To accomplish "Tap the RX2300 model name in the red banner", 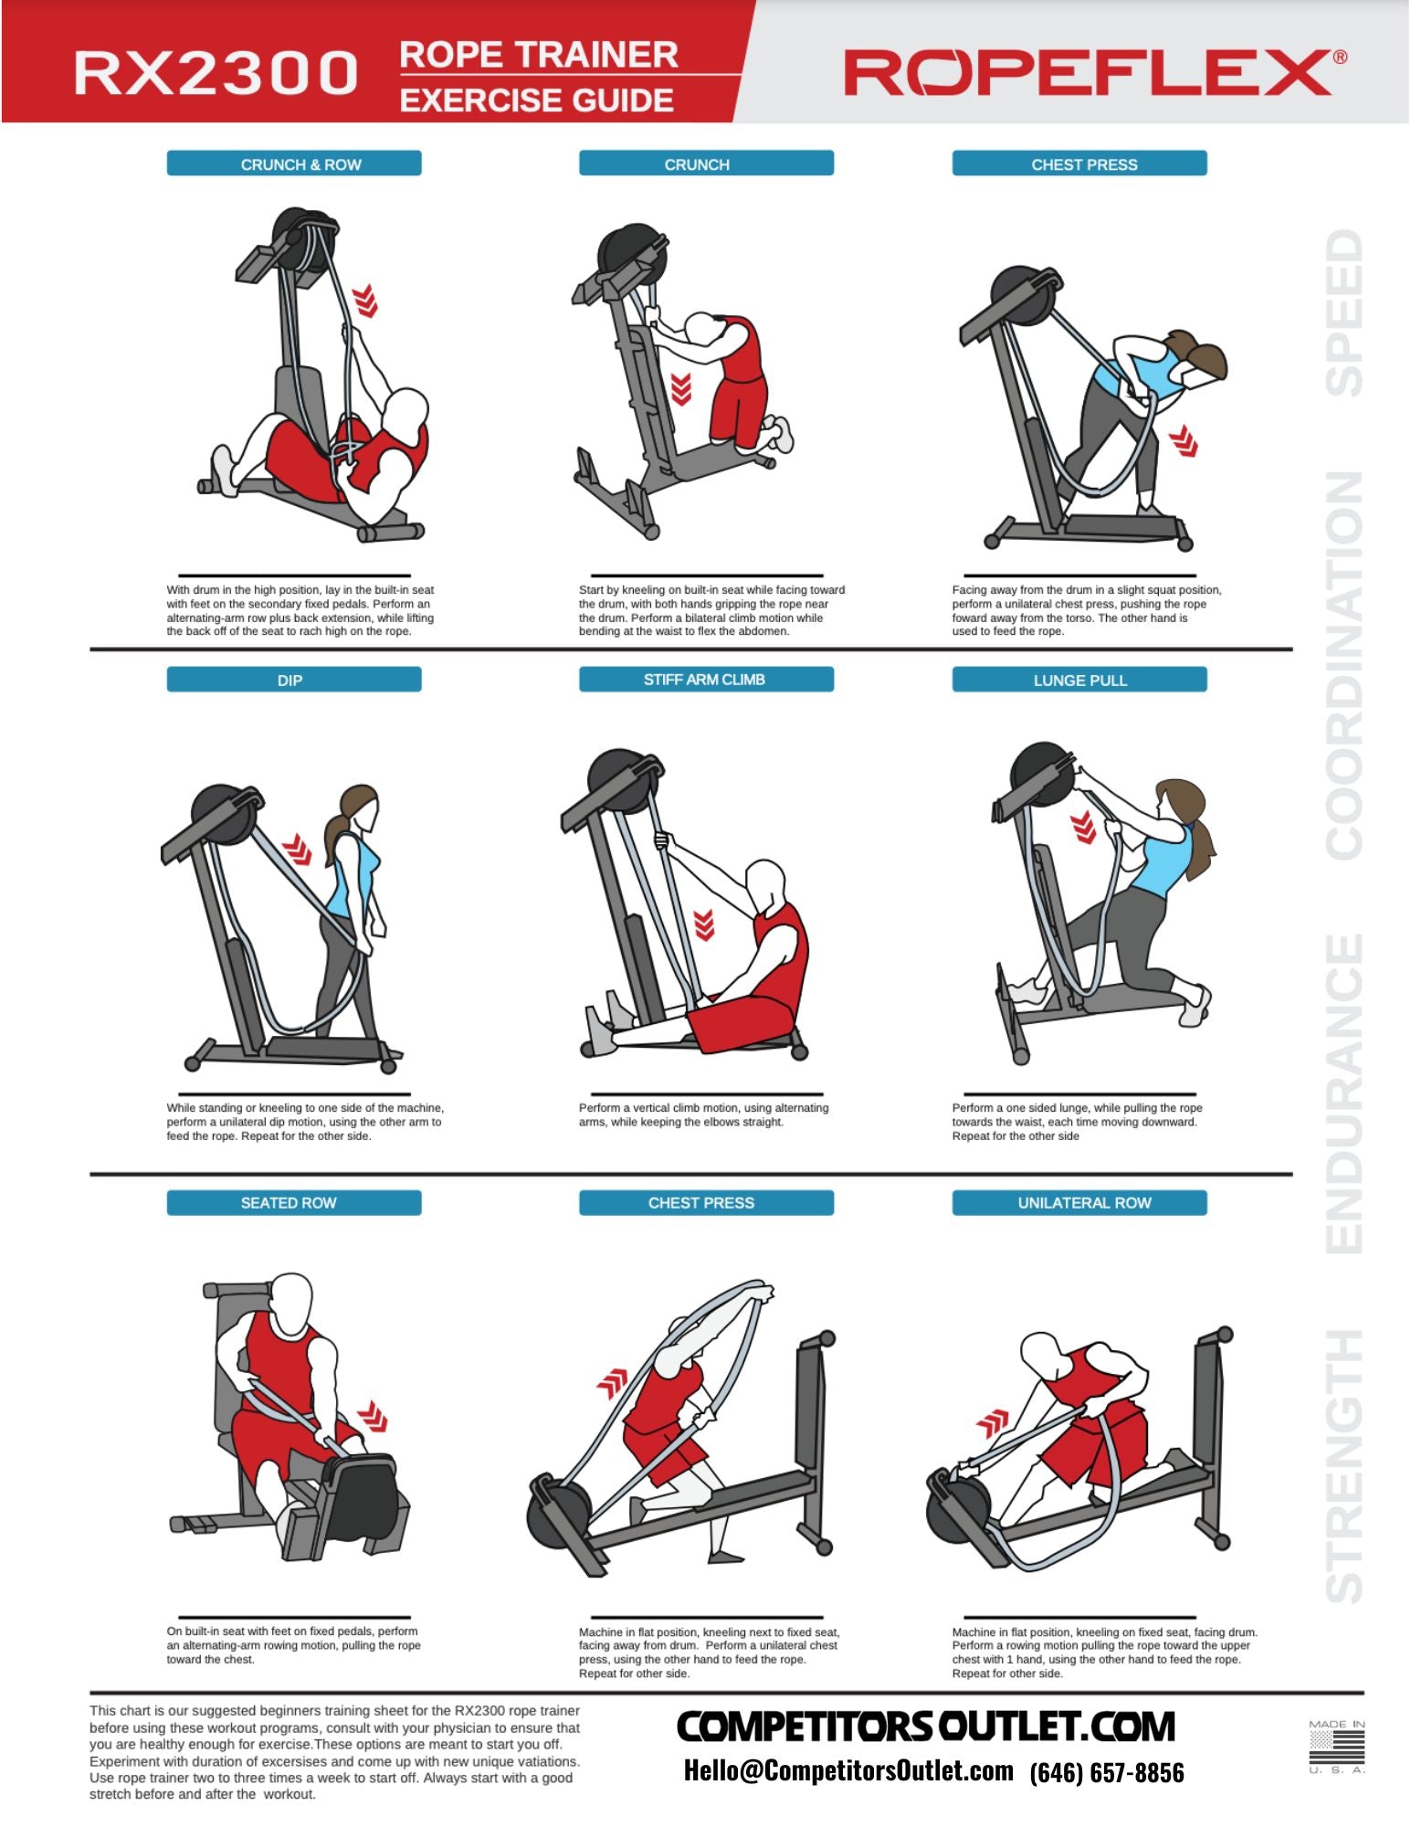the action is click(x=216, y=73).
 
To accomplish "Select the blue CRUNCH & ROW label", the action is click(x=294, y=164).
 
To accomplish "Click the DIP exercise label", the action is click(x=294, y=680).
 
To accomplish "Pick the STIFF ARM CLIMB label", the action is click(x=706, y=679).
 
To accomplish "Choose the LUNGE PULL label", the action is click(x=1079, y=680).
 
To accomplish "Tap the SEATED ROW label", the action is click(x=294, y=1202).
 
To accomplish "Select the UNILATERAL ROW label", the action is click(x=1079, y=1202).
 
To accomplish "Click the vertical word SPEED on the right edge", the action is click(x=1344, y=312).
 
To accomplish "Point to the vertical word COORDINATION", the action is click(x=1344, y=665).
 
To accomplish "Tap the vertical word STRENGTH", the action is click(x=1344, y=1464).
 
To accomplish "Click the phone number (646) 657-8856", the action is click(x=1107, y=1772).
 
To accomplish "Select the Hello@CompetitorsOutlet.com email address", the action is click(x=848, y=1770).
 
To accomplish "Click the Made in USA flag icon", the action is click(x=1336, y=1748).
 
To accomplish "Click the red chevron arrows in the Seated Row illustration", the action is click(x=373, y=1415).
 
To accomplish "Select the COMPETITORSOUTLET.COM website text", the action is click(x=925, y=1726).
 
